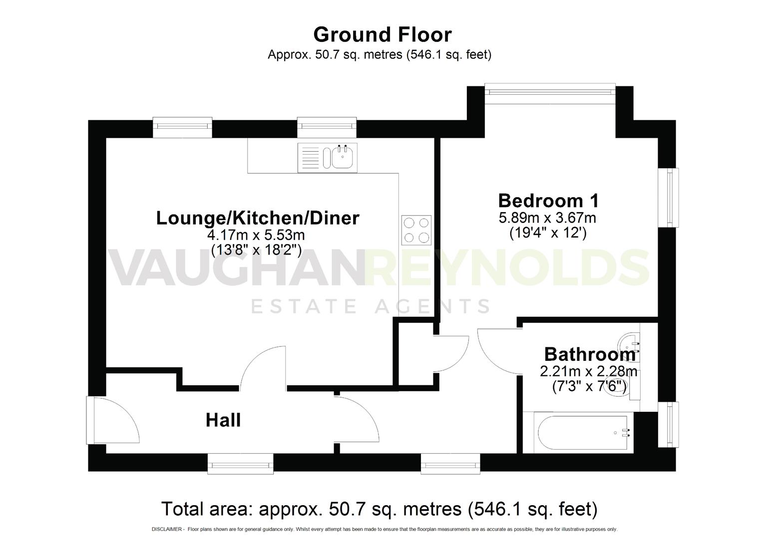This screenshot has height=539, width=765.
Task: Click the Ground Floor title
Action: pyautogui.click(x=382, y=34)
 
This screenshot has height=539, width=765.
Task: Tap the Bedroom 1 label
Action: pyautogui.click(x=548, y=201)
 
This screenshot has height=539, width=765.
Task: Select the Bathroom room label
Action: pyautogui.click(x=589, y=354)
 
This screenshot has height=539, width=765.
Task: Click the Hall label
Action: pyautogui.click(x=223, y=420)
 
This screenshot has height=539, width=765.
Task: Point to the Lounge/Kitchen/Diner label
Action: pyautogui.click(x=258, y=218)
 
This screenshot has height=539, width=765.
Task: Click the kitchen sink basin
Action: pyautogui.click(x=343, y=158)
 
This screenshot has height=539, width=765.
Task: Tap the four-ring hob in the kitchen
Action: pyautogui.click(x=416, y=230)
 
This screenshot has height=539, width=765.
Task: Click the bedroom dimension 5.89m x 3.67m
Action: pyautogui.click(x=547, y=218)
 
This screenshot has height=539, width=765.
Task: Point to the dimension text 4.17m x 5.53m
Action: pyautogui.click(x=256, y=235)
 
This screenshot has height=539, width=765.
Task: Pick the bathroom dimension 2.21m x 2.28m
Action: pyautogui.click(x=589, y=372)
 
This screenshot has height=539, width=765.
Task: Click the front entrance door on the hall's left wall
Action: pyautogui.click(x=112, y=420)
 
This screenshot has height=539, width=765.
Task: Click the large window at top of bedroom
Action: pyautogui.click(x=550, y=92)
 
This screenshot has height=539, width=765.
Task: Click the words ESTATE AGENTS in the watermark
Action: pyautogui.click(x=370, y=306)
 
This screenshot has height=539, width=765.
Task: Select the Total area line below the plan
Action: pyautogui.click(x=379, y=509)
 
